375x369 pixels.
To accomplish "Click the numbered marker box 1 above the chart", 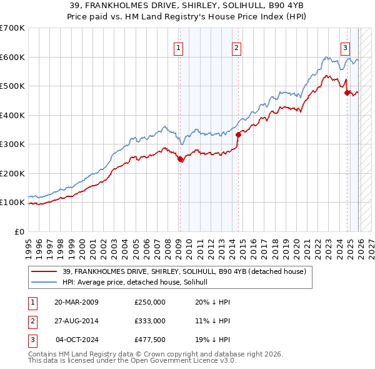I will (179, 48).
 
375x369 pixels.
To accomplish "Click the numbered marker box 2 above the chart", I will (237, 48).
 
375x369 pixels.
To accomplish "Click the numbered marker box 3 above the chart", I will (345, 48).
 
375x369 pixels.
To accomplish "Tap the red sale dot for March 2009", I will (181, 159).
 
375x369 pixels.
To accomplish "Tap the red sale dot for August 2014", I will (238, 134).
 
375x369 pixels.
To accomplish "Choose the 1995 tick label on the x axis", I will (28, 243).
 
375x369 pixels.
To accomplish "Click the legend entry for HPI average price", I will (139, 283).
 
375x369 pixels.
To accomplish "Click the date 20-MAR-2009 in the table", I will (76, 302).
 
